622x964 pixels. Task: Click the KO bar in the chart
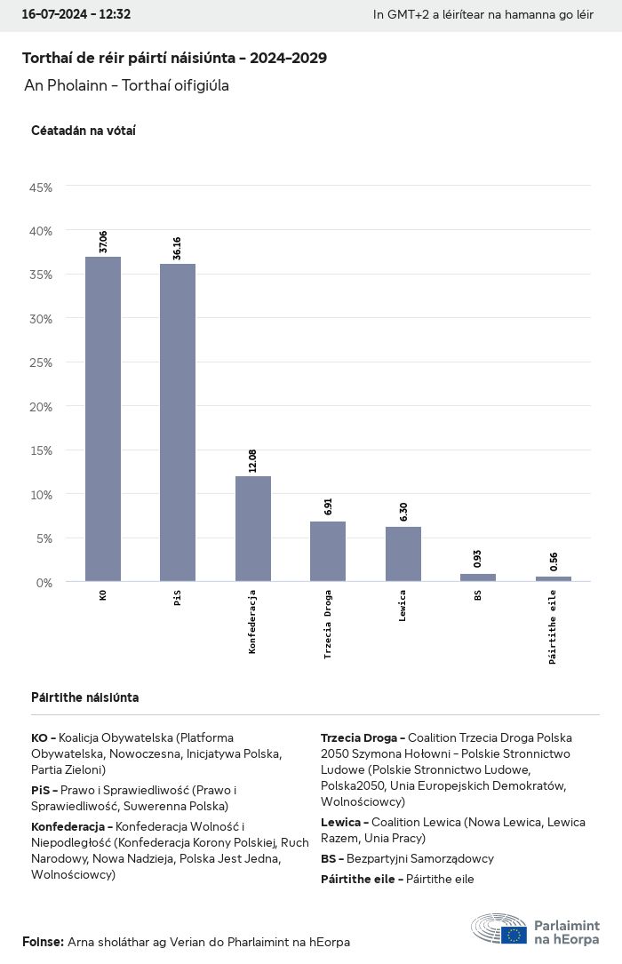click(103, 418)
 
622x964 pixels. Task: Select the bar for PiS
click(178, 422)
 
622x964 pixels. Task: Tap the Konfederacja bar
click(253, 528)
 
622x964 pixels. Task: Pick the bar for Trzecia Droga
click(328, 551)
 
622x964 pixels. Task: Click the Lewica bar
click(403, 554)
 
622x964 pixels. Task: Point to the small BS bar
click(478, 578)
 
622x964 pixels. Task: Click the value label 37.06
click(103, 243)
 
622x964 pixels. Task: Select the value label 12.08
click(253, 461)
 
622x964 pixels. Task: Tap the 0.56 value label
click(553, 562)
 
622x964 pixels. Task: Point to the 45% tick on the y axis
click(42, 187)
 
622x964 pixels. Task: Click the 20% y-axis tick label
click(42, 407)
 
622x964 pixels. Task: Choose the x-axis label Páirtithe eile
click(553, 626)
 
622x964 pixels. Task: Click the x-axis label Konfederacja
click(253, 621)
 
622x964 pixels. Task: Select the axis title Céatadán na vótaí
click(84, 131)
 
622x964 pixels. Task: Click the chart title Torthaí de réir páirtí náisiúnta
click(174, 58)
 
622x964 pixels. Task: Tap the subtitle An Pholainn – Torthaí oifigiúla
click(127, 86)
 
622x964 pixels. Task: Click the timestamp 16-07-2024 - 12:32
click(76, 14)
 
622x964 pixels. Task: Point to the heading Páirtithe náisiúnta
click(84, 697)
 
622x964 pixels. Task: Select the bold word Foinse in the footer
click(43, 942)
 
